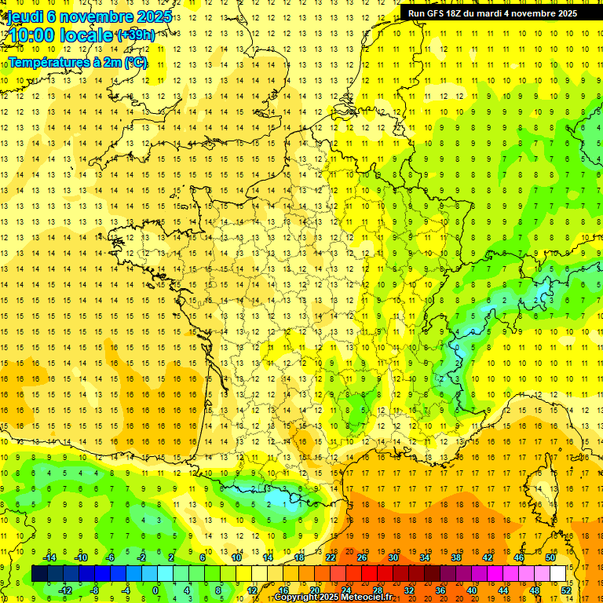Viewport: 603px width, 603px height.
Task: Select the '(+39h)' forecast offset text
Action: [x=134, y=35]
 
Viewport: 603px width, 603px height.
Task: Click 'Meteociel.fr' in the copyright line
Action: [x=364, y=598]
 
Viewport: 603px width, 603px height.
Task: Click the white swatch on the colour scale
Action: [x=558, y=574]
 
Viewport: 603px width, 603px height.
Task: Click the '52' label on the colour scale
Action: [x=566, y=590]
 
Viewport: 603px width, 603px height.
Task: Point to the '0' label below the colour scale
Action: [x=155, y=590]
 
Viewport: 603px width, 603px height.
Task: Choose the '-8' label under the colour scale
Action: [x=95, y=590]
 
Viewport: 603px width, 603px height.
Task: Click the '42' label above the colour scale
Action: [x=488, y=557]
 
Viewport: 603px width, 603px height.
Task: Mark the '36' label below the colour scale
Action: [x=440, y=590]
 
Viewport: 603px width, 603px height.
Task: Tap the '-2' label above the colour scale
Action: [x=142, y=557]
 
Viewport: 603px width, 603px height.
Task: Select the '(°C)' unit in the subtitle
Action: [x=134, y=63]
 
